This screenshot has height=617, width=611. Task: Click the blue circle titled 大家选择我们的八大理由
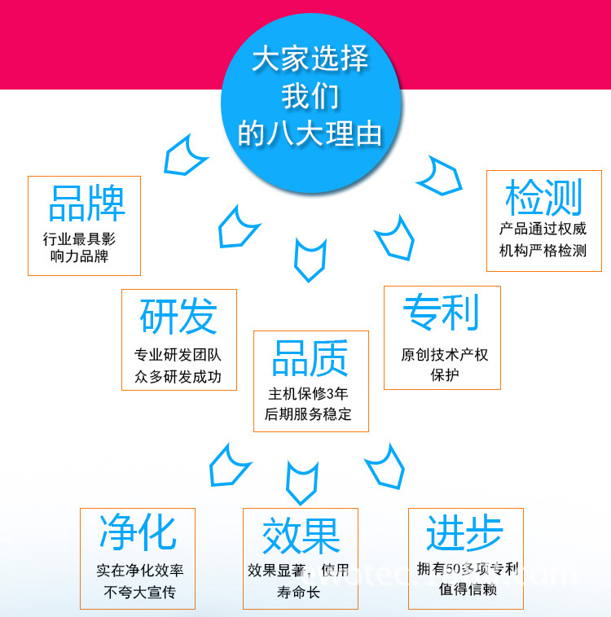pyautogui.click(x=310, y=98)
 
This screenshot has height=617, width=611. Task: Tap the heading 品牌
pyautogui.click(x=86, y=203)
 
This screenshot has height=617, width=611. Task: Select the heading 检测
pyautogui.click(x=543, y=198)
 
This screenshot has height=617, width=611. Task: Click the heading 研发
pyautogui.click(x=178, y=316)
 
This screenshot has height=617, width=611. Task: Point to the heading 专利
pyautogui.click(x=442, y=312)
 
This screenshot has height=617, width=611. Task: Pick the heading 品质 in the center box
pyautogui.click(x=310, y=358)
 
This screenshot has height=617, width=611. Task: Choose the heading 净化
pyautogui.click(x=137, y=532)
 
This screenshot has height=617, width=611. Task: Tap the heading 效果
pyautogui.click(x=301, y=536)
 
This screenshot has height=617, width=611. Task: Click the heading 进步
pyautogui.click(x=464, y=533)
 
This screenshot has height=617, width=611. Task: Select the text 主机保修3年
pyautogui.click(x=308, y=393)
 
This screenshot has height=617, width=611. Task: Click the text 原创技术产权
pyautogui.click(x=444, y=355)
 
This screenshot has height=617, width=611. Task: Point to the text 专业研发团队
pyautogui.click(x=178, y=356)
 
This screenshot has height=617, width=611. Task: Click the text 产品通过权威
pyautogui.click(x=543, y=230)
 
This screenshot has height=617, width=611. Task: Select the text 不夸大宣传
pyautogui.click(x=139, y=592)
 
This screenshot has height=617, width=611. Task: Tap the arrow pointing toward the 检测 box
pyautogui.click(x=441, y=175)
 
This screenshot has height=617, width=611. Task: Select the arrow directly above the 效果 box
pyautogui.click(x=301, y=482)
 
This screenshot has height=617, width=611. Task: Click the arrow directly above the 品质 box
pyautogui.click(x=310, y=259)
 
